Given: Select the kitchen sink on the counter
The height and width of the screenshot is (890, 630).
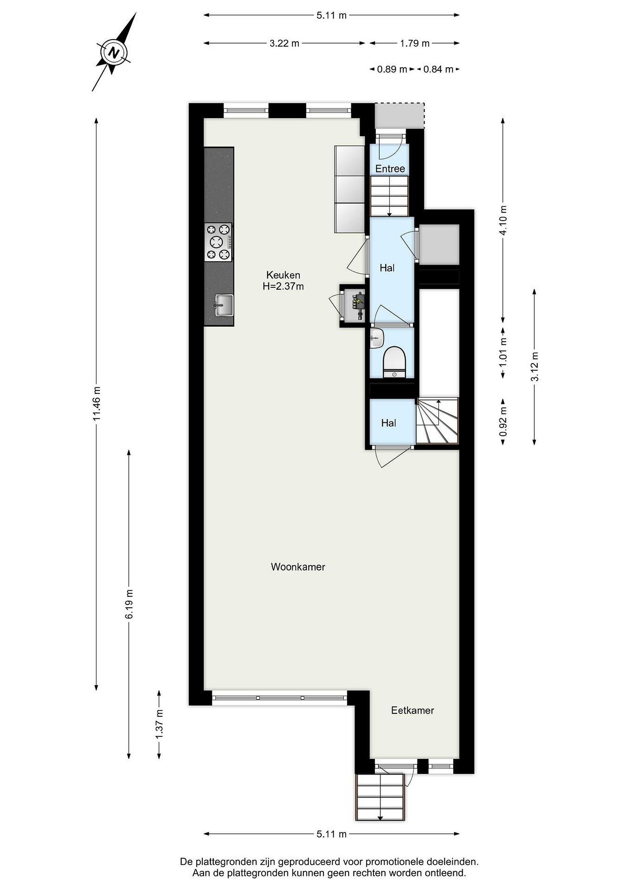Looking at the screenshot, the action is click(224, 305).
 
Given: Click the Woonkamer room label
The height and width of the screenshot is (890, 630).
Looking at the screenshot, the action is click(298, 567).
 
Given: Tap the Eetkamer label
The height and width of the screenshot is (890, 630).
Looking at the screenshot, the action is click(412, 710).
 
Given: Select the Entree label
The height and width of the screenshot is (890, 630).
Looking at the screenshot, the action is click(390, 169).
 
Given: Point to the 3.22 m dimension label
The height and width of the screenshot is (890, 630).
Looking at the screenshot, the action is click(284, 43).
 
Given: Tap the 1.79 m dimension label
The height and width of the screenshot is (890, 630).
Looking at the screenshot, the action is click(415, 43).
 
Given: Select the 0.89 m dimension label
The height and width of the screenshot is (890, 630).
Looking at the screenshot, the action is click(392, 70).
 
